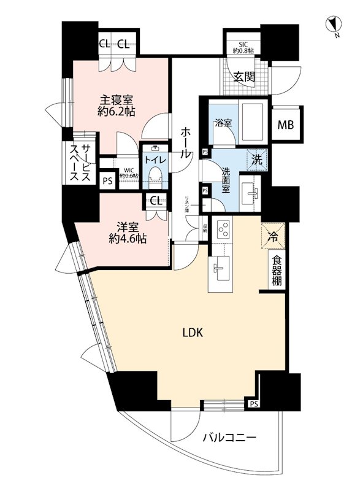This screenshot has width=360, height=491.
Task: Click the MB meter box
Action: pos(286,126)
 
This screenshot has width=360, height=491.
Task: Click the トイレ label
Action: pos(153,158)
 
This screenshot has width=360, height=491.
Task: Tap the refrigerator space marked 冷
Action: pos(272,234)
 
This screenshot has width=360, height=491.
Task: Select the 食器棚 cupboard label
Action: pos(277,269)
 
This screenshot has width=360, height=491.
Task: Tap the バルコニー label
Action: pos(231,438)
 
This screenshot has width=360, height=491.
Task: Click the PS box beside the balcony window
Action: pos(253,404)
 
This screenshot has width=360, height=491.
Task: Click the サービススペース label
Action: pos(79,163)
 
